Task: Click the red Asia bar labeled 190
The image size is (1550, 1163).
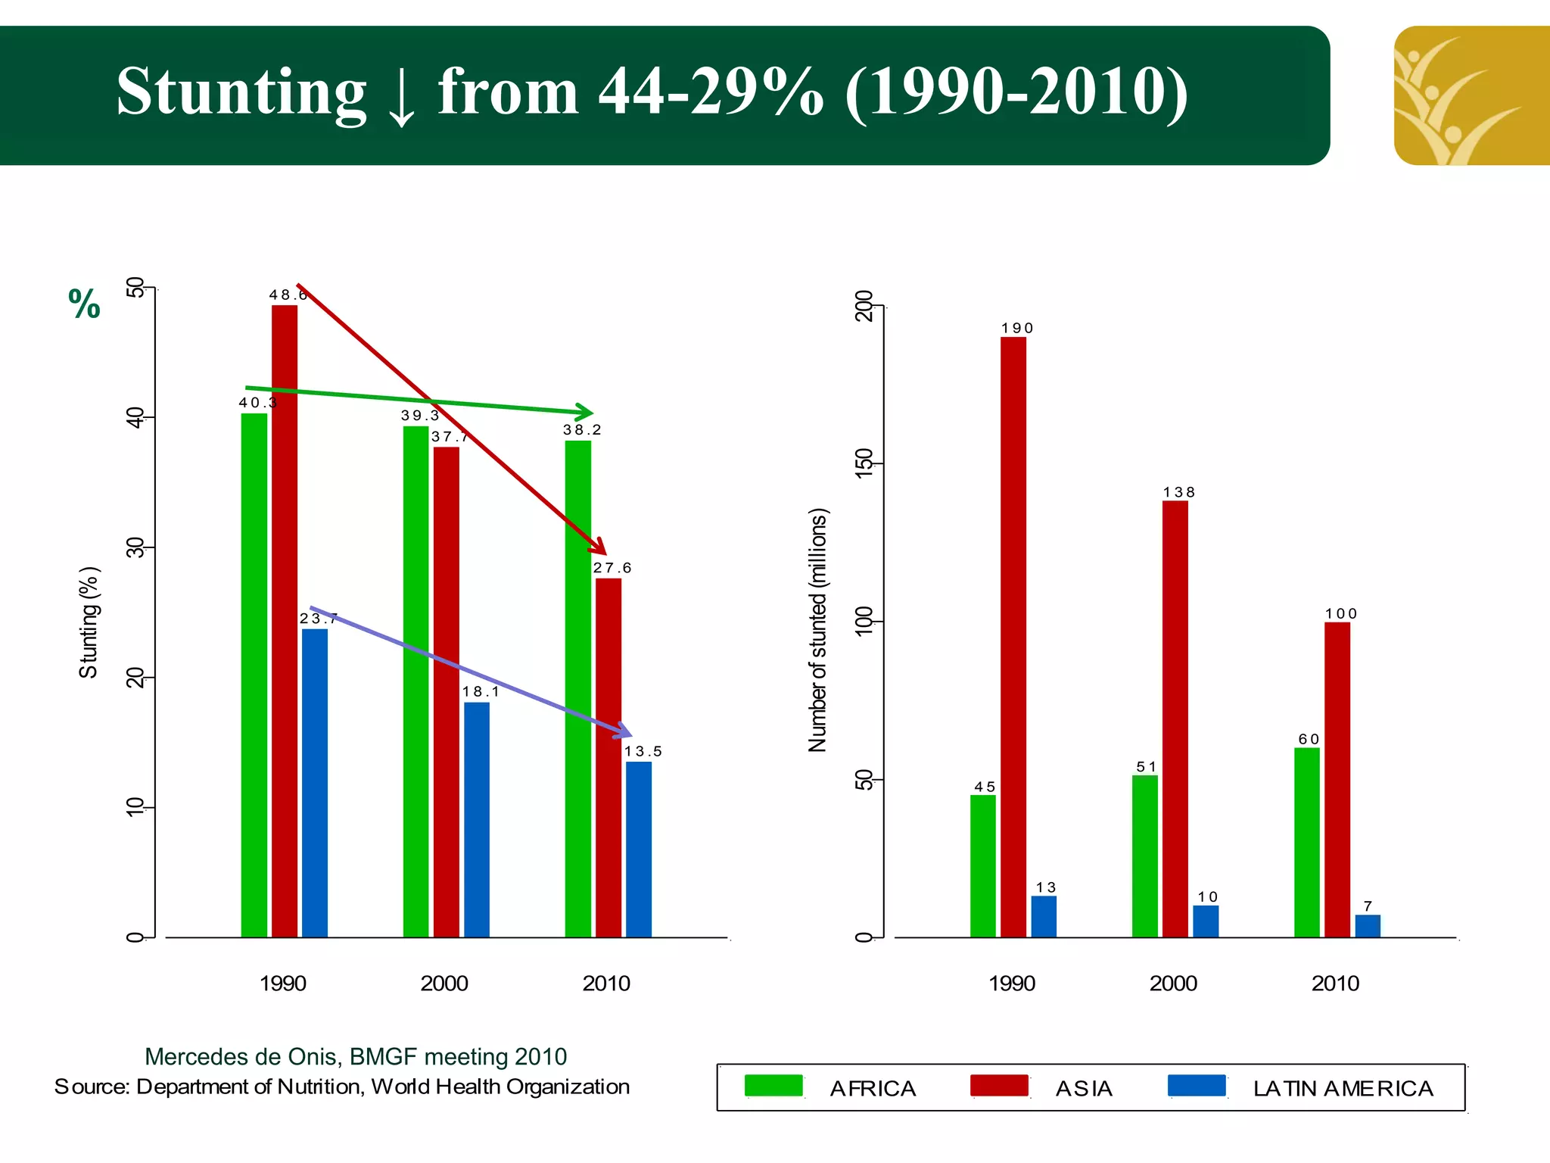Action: click(x=1013, y=636)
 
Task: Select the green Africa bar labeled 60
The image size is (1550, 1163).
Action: click(x=1306, y=842)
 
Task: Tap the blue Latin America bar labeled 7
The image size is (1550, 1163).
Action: click(x=1367, y=925)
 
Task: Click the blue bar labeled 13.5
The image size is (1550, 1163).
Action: click(x=638, y=849)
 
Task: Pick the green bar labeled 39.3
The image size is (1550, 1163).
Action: click(x=416, y=681)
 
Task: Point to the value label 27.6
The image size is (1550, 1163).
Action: click(x=612, y=568)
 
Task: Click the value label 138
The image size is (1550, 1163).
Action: click(x=1178, y=492)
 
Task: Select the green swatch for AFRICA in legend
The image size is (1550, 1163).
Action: click(x=773, y=1086)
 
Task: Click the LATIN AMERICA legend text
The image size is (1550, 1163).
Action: click(x=1343, y=1089)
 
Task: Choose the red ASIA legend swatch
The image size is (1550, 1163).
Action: click(x=999, y=1086)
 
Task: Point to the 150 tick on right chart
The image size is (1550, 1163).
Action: click(x=864, y=463)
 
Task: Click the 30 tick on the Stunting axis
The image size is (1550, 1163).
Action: click(x=135, y=547)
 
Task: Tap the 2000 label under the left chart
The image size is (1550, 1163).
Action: click(x=444, y=984)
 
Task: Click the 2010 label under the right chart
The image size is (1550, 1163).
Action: click(x=1335, y=984)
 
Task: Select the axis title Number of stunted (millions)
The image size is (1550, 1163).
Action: click(x=818, y=630)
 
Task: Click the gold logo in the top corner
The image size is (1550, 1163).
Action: click(x=1471, y=95)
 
